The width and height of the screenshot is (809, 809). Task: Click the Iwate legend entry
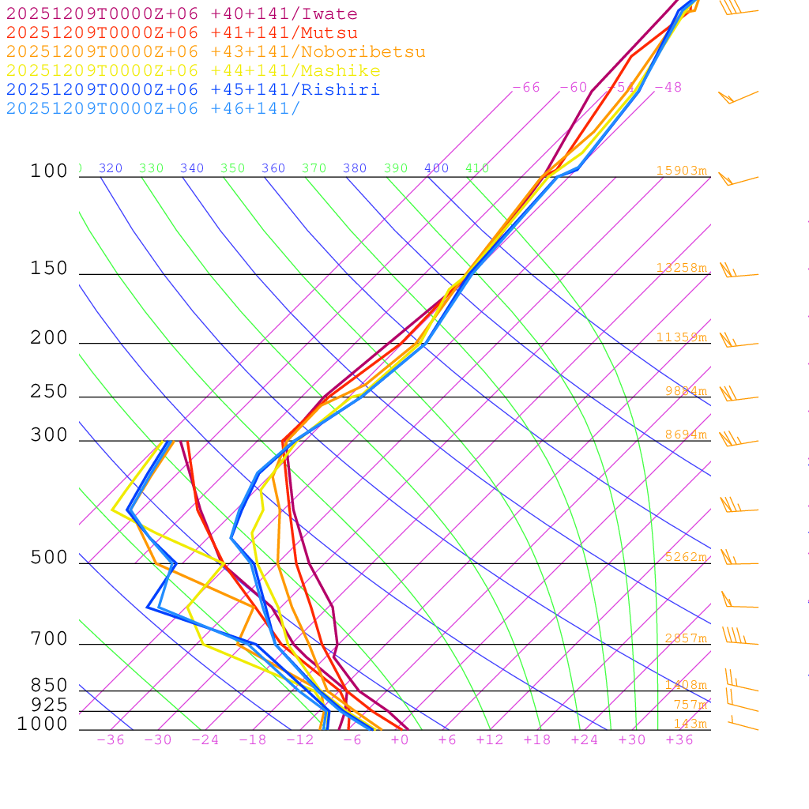point(182,14)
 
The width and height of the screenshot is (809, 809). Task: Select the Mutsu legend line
point(182,33)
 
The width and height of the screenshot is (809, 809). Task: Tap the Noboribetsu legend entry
point(216,52)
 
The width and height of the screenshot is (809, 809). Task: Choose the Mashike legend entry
point(193,71)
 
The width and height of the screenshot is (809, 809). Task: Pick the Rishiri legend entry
point(193,89)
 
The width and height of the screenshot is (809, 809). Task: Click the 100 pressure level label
point(50,171)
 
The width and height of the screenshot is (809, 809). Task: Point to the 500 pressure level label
point(50,558)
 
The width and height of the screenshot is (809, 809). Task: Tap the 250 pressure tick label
point(50,392)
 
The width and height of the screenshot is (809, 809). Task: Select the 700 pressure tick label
point(50,638)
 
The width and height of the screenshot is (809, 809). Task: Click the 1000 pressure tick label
point(43,724)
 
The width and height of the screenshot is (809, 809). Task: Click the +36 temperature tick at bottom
point(679,739)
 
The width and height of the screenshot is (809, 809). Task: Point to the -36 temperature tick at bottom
point(111,739)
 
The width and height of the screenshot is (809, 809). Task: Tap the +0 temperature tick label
point(400,739)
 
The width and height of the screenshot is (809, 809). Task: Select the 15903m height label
point(681,171)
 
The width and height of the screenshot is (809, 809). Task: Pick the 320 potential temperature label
point(111,168)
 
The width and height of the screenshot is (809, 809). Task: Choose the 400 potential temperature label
point(436,168)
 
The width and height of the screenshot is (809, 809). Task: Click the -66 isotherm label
point(526,87)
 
